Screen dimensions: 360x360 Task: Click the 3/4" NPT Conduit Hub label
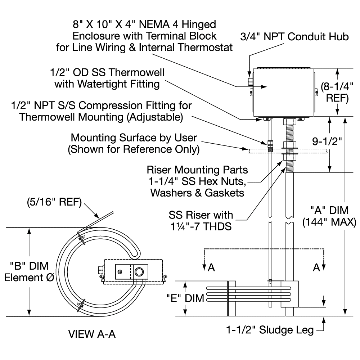tap(295, 37)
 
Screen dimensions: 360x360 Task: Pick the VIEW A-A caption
tap(92, 334)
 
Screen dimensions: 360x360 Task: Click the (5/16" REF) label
tap(54, 203)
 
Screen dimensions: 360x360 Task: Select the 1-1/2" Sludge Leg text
tap(270, 329)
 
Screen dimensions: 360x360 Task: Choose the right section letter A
tap(317, 267)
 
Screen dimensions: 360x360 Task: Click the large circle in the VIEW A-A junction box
tap(140, 271)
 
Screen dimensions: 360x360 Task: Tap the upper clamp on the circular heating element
tap(81, 239)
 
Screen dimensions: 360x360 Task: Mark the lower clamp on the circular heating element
tap(81, 305)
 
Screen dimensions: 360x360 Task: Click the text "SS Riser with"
tap(201, 215)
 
